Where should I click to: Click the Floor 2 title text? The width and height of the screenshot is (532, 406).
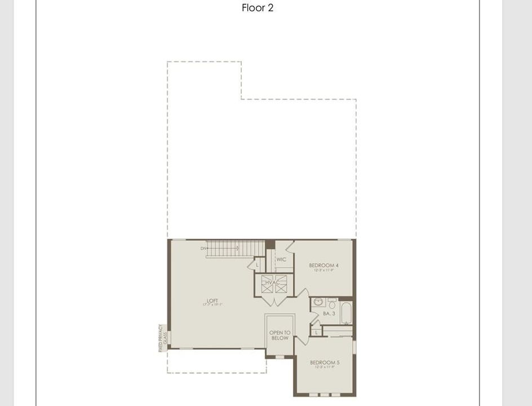pos(258,8)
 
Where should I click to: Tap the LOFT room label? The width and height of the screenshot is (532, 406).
pos(212,301)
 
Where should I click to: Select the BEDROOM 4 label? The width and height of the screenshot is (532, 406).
pos(324,265)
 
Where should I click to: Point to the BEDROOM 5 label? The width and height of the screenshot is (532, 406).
pos(325,363)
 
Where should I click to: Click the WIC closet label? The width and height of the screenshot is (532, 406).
pos(281,259)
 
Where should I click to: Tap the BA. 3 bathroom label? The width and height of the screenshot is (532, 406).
pos(329,314)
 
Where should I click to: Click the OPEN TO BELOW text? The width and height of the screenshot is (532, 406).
pos(280,336)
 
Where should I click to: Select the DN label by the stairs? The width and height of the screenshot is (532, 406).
pos(203,248)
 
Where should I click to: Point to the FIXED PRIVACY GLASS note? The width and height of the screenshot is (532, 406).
pos(162,338)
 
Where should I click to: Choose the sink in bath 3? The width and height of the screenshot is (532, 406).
pos(318,302)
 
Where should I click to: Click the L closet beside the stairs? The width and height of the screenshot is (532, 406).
pos(258,264)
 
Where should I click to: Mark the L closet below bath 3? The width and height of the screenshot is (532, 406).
pos(317,332)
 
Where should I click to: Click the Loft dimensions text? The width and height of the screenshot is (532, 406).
pos(212,305)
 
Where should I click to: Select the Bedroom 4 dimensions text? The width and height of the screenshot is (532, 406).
pos(324,271)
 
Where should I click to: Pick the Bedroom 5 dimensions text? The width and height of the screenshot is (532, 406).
pos(325,368)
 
